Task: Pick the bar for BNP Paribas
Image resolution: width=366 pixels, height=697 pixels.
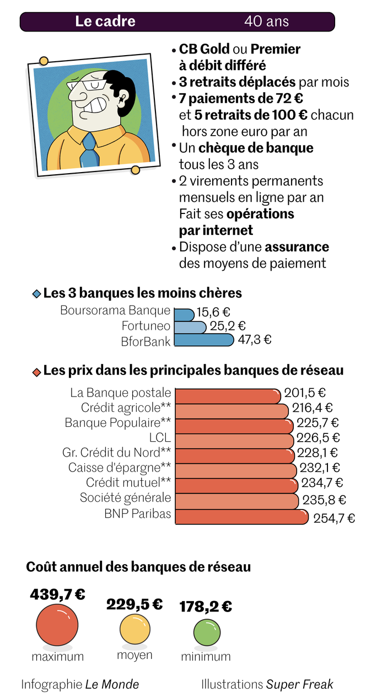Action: click(x=241, y=517)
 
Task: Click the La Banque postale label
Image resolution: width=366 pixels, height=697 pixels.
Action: click(x=121, y=393)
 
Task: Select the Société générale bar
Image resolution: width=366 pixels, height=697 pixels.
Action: click(x=237, y=501)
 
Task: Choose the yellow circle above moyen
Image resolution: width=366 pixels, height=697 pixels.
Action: click(x=134, y=630)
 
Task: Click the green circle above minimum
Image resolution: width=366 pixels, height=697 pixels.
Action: click(x=206, y=632)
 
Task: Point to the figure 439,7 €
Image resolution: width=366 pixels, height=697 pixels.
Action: click(x=57, y=594)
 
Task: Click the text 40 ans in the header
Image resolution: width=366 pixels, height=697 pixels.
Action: click(x=266, y=22)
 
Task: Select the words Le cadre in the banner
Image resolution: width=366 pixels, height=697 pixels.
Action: click(x=105, y=22)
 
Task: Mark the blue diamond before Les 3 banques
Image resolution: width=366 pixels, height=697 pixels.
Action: click(x=37, y=294)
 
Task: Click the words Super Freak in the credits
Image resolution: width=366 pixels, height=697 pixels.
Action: click(x=300, y=684)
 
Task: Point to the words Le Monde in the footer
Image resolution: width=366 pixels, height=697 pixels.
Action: click(x=112, y=684)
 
